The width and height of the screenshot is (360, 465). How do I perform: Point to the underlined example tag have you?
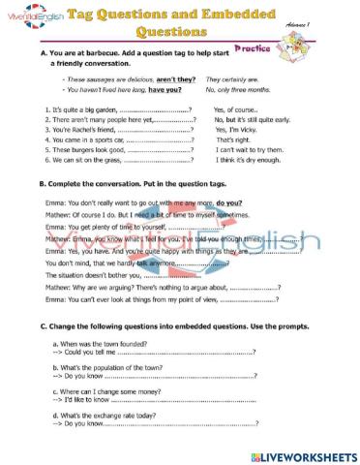click(x=166, y=88)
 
